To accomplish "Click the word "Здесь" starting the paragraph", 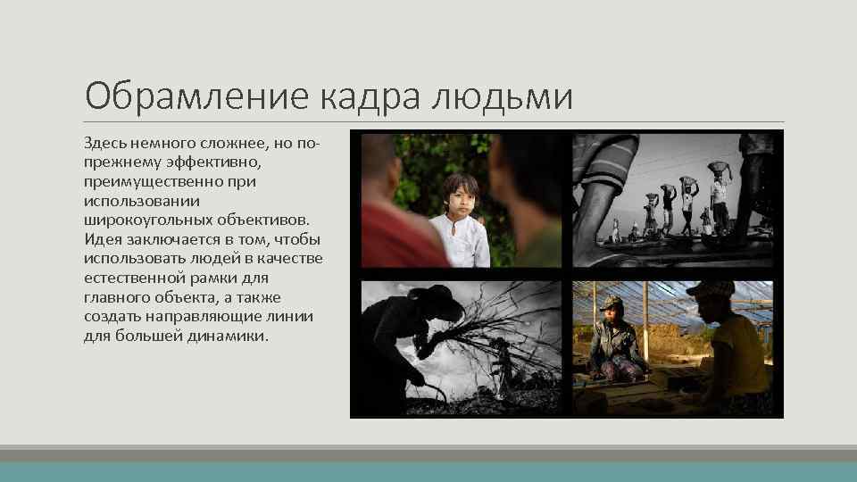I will coord(105,144).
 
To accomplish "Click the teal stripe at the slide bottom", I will coord(428,471).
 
